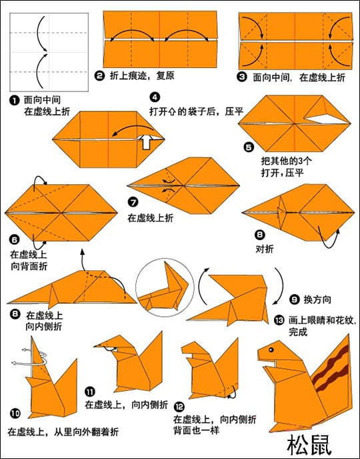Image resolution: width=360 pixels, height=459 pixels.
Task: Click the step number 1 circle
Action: pyautogui.click(x=14, y=100)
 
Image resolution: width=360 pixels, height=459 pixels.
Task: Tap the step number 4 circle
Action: pyautogui.click(x=155, y=97)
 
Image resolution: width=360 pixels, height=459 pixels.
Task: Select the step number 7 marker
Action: pyautogui.click(x=133, y=202)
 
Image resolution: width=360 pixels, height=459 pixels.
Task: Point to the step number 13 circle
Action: pyautogui.click(x=279, y=320)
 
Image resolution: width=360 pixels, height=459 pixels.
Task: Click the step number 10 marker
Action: pyautogui.click(x=15, y=414)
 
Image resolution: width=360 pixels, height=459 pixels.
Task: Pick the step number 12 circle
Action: pyautogui.click(x=179, y=407)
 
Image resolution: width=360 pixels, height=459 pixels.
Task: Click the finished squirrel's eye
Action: pyautogui.click(x=271, y=350)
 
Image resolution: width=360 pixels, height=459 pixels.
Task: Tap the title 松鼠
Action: pyautogui.click(x=309, y=444)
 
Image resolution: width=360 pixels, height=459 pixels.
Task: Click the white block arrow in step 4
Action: pyautogui.click(x=145, y=142)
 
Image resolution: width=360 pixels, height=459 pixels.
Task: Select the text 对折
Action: pyautogui.click(x=265, y=249)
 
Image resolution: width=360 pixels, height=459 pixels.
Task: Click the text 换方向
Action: pyautogui.click(x=317, y=300)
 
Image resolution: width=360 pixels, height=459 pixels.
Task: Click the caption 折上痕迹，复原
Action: pyautogui.click(x=142, y=76)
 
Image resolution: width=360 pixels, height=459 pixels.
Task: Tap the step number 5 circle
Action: pyautogui.click(x=248, y=147)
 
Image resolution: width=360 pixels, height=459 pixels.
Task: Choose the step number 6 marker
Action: pyautogui.click(x=14, y=240)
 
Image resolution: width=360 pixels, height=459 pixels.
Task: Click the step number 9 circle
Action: pyautogui.click(x=294, y=300)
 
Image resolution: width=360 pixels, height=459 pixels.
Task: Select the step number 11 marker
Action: pyautogui.click(x=90, y=392)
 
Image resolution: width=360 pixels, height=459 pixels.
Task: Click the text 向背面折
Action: pyautogui.click(x=29, y=266)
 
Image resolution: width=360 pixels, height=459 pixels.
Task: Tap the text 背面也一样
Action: pyautogui.click(x=196, y=430)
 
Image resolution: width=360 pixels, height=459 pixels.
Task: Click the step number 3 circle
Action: pyautogui.click(x=242, y=77)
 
